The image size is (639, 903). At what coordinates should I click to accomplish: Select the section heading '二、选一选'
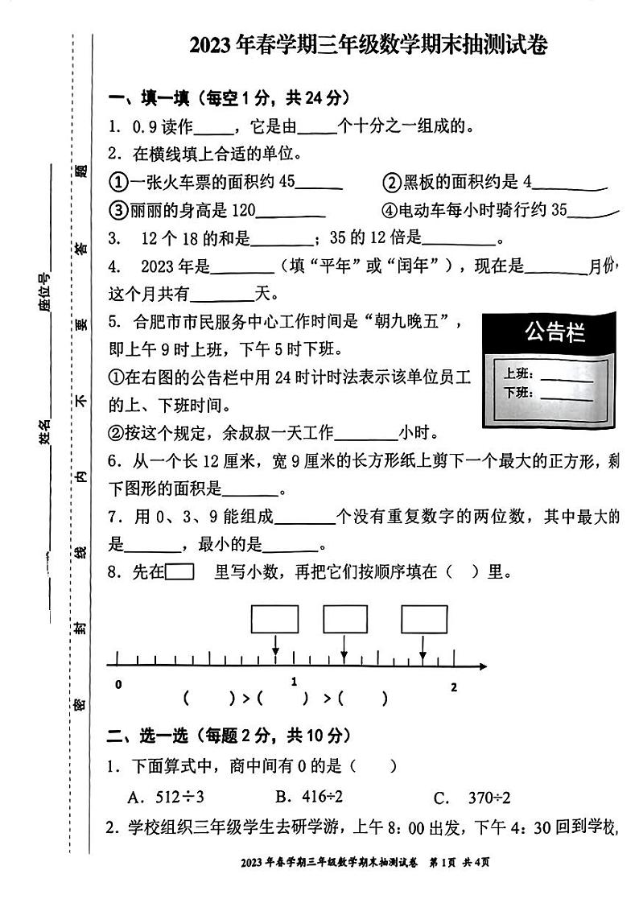149,735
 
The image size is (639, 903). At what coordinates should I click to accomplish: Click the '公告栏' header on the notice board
554,332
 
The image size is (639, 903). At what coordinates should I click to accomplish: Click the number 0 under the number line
118,685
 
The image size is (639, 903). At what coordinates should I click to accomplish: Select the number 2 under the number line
453,687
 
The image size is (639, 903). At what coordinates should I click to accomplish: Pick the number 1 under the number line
294,682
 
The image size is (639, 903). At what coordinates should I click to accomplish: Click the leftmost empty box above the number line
275,619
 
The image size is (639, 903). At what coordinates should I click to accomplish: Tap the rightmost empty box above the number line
424,619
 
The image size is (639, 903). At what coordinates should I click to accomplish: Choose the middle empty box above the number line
345,619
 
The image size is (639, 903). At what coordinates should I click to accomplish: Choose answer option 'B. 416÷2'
309,798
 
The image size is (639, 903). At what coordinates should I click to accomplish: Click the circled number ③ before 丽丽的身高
118,211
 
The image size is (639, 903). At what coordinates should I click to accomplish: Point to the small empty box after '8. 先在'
179,572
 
